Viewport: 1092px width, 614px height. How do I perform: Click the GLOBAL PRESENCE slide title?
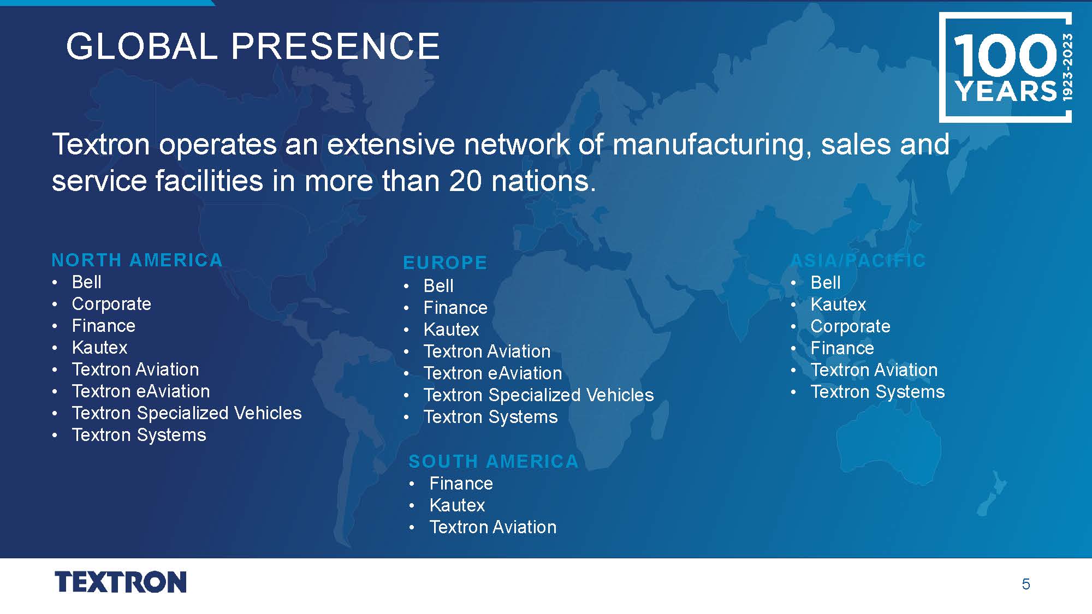(253, 46)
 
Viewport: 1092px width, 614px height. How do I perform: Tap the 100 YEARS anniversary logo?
(1005, 68)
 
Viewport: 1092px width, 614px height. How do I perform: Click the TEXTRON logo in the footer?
(121, 582)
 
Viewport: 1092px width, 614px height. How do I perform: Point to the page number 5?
(1026, 585)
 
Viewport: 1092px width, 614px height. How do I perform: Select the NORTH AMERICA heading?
(137, 260)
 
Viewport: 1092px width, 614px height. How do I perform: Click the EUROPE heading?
(445, 263)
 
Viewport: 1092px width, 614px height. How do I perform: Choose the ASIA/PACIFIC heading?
(858, 261)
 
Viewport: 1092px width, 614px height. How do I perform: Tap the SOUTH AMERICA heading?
(494, 462)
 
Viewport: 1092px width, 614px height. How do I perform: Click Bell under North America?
(87, 282)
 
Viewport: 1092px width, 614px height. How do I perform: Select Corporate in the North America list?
(111, 304)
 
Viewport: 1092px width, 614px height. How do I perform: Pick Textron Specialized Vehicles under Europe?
(539, 395)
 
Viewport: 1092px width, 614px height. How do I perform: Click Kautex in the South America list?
(458, 505)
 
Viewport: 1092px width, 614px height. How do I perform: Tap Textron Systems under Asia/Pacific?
(878, 392)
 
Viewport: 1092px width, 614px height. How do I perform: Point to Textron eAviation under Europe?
(493, 373)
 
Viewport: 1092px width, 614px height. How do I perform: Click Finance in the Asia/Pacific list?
(842, 348)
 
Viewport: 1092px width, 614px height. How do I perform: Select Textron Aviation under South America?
(493, 527)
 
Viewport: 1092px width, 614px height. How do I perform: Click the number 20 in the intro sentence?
(466, 181)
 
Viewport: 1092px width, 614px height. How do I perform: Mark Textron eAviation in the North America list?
(141, 391)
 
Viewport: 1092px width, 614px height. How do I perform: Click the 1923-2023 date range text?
(1067, 67)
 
